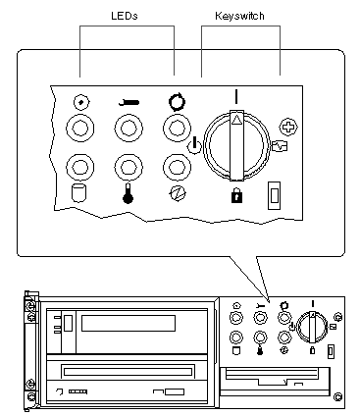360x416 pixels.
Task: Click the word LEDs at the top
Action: (x=125, y=16)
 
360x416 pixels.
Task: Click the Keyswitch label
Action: (x=239, y=16)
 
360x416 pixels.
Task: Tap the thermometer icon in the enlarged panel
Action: (x=128, y=193)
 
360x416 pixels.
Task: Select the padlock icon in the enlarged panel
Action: (x=236, y=196)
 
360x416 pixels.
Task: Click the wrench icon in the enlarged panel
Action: (x=129, y=103)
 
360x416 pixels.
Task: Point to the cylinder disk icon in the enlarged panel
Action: (x=79, y=193)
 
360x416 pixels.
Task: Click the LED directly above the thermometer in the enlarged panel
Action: (x=129, y=168)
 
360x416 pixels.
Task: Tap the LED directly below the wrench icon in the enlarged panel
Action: (x=129, y=128)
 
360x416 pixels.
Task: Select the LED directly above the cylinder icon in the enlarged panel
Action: (x=80, y=168)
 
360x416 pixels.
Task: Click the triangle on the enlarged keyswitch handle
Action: (x=235, y=122)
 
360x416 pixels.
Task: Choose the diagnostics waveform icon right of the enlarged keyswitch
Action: (x=280, y=146)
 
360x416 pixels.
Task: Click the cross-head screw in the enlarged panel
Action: (x=288, y=127)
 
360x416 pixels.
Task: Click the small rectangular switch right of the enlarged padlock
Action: (x=274, y=195)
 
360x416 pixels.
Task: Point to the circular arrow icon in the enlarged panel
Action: (x=177, y=102)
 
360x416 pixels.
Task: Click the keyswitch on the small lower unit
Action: (x=312, y=328)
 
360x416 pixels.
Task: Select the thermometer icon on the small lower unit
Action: (x=260, y=350)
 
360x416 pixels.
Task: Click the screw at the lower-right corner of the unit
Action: (x=338, y=397)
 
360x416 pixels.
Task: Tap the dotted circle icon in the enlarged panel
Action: (x=80, y=103)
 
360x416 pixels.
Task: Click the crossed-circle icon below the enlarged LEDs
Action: (x=177, y=194)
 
